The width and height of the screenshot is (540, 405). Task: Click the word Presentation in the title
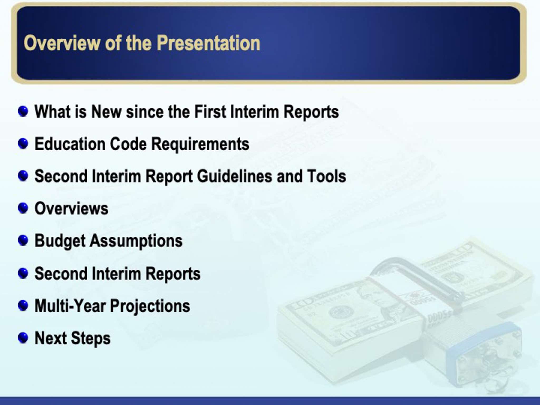point(209,43)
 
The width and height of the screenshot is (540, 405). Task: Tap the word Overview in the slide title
point(62,43)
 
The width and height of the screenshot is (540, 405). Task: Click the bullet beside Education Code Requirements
point(23,144)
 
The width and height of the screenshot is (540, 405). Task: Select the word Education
point(70,144)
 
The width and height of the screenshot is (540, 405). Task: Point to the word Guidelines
point(234,176)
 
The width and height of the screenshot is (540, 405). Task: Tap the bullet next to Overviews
point(23,208)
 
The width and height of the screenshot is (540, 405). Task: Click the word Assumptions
point(136,241)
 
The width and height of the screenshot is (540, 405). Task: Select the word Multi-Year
point(70,306)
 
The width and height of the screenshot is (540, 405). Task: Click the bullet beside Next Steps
point(23,338)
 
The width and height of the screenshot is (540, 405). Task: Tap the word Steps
point(91,339)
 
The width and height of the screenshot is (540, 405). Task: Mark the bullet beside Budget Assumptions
point(23,240)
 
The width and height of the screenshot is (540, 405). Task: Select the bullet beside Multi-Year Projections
point(23,306)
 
